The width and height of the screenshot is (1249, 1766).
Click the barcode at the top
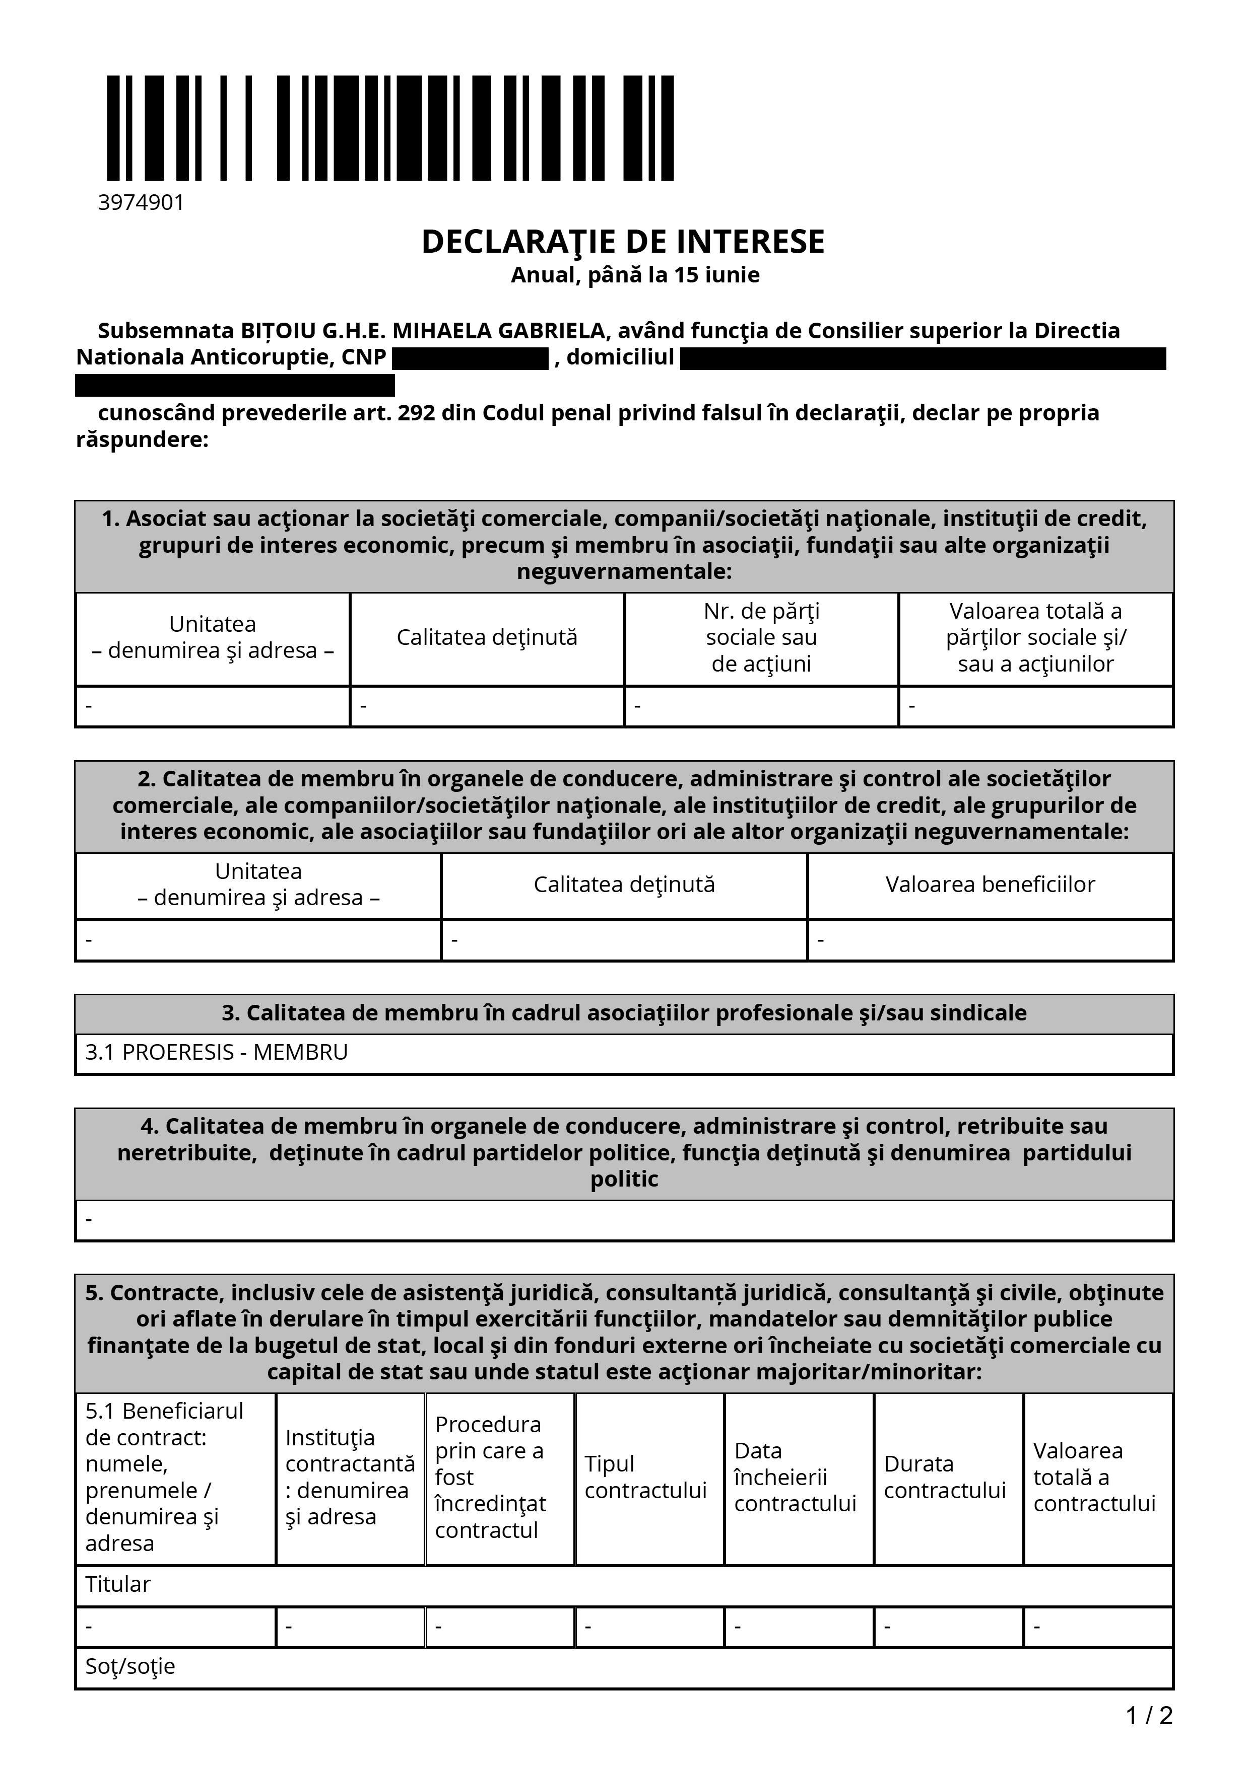(390, 128)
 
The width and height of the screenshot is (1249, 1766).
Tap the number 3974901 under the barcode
(141, 203)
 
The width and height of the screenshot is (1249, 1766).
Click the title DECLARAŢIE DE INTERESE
(623, 242)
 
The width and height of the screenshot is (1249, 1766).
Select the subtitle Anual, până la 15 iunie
(635, 275)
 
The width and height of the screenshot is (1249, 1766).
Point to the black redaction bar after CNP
(470, 358)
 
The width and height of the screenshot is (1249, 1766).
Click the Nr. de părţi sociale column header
(761, 638)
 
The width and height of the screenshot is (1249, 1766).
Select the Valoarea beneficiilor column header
(990, 885)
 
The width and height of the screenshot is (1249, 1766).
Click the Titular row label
(118, 1584)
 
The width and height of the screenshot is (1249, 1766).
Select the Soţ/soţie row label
(130, 1666)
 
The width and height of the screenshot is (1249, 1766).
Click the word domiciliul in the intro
(620, 357)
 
